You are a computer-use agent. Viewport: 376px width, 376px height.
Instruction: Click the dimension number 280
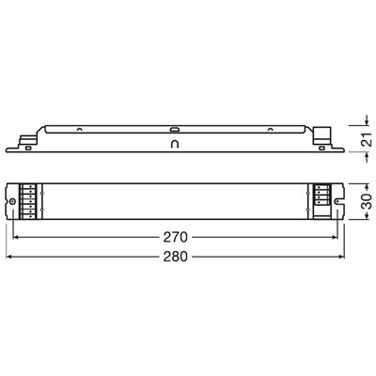pos(173,257)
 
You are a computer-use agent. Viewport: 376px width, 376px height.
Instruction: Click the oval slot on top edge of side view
pos(174,124)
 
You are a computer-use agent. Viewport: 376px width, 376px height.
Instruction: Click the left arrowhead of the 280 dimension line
pos(11,257)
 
